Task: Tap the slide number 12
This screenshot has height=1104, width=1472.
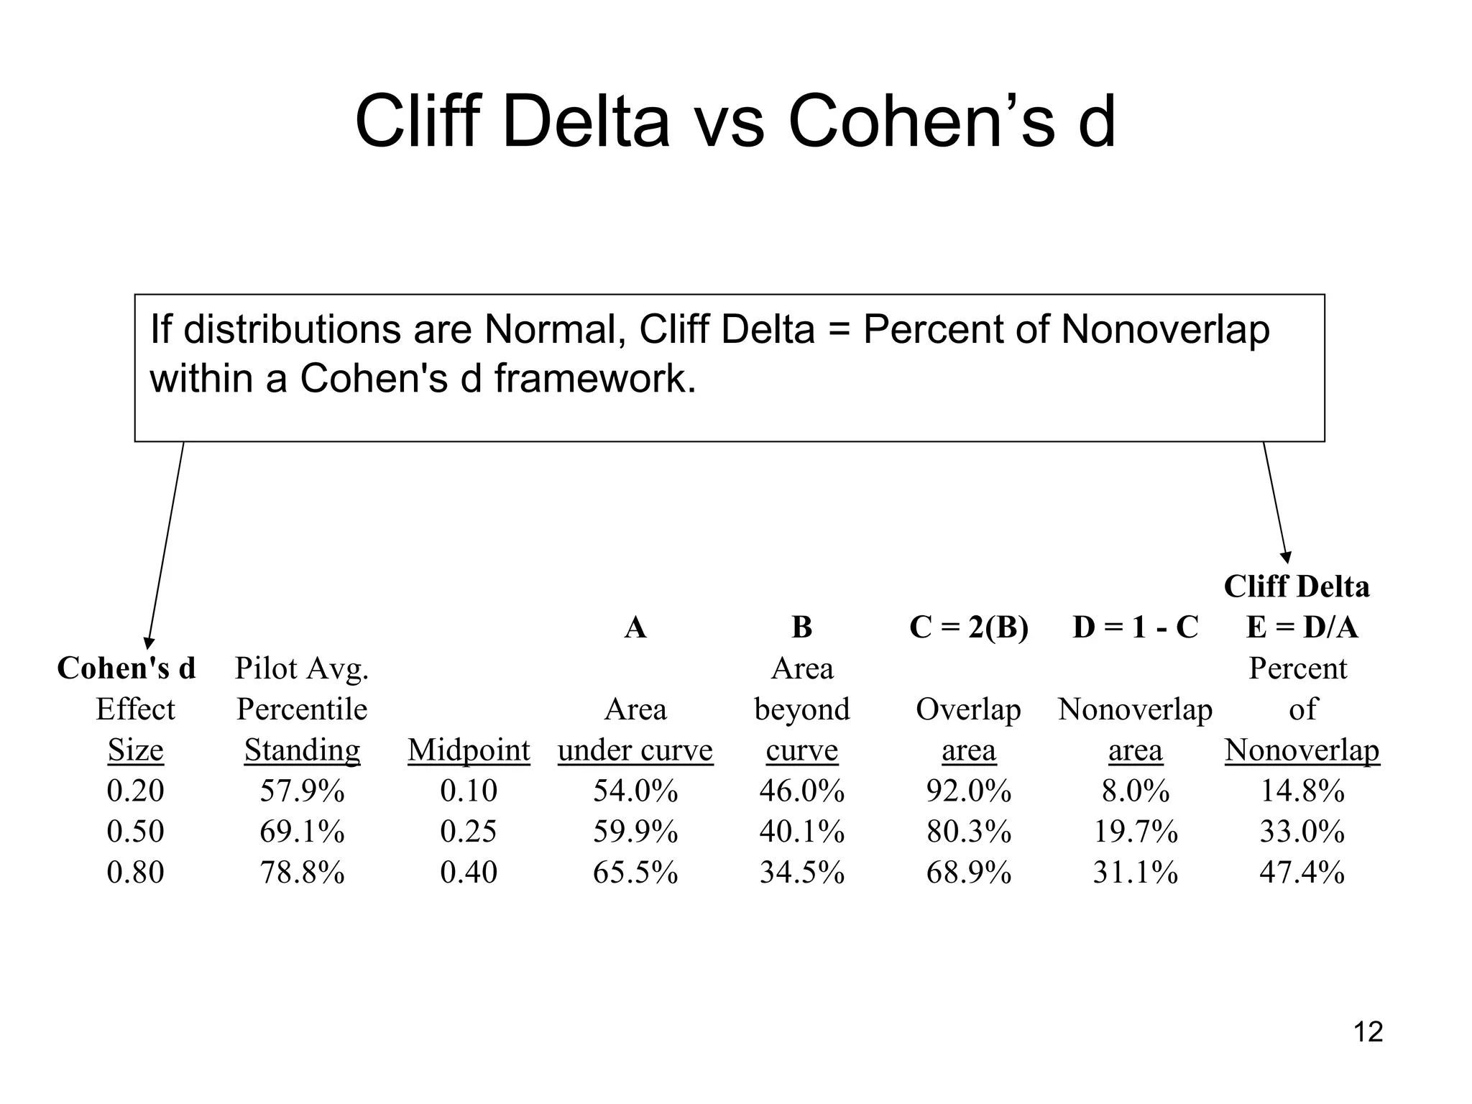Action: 1368,1032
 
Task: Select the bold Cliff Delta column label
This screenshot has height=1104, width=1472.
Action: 1297,586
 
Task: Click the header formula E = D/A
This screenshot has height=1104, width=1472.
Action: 1302,627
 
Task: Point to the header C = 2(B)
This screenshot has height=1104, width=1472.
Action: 968,627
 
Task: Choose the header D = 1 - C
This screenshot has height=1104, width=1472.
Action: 1135,627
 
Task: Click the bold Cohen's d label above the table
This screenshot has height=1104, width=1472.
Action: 126,668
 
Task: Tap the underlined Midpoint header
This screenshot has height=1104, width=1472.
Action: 469,750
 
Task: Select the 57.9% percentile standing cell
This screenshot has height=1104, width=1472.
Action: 302,791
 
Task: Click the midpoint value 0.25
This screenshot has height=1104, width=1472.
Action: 469,832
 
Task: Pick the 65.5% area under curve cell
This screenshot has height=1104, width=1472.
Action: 635,873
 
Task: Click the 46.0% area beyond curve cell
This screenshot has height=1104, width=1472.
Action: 802,791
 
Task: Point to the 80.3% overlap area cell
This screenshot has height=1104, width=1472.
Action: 968,832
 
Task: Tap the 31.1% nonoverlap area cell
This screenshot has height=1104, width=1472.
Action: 1135,873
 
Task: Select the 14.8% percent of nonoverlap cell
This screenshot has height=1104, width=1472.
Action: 1302,791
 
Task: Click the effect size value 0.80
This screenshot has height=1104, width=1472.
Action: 135,873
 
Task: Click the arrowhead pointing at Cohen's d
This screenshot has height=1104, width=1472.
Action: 149,643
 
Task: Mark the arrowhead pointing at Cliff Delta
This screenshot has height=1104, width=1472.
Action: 1287,558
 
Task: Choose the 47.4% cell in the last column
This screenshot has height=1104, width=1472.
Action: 1302,873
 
